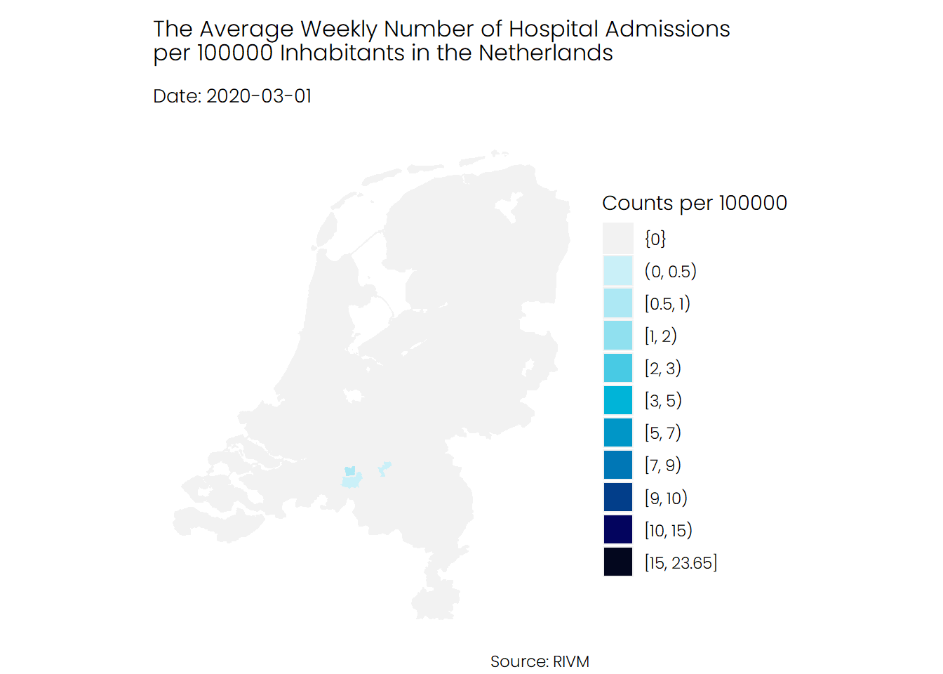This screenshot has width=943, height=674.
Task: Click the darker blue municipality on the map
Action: (x=350, y=471)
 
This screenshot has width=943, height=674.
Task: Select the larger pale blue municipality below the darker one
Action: (x=352, y=481)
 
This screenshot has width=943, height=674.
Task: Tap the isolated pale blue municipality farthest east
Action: (x=384, y=468)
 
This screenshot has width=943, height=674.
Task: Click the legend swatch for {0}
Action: (x=617, y=239)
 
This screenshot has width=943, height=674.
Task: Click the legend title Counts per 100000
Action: (x=694, y=203)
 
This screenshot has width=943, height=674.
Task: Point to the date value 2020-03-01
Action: (x=259, y=96)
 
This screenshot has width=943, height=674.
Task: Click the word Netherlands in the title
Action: (x=546, y=53)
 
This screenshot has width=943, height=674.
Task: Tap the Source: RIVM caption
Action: (x=540, y=661)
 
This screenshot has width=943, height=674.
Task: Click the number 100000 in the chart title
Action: (x=235, y=53)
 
